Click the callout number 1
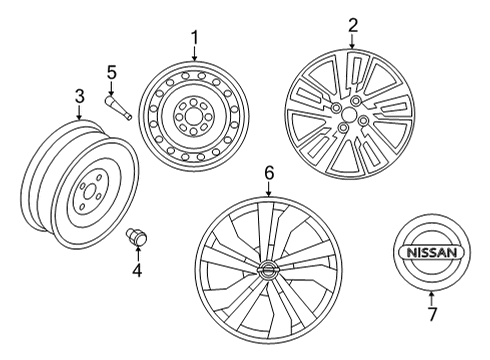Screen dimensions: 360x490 pyautogui.click(x=195, y=39)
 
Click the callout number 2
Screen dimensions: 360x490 pyautogui.click(x=352, y=25)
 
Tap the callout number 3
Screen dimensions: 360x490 pyautogui.click(x=79, y=97)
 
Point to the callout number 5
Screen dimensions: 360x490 pyautogui.click(x=112, y=72)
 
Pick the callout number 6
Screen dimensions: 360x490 pyautogui.click(x=268, y=173)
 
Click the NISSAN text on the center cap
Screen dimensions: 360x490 pyautogui.click(x=431, y=257)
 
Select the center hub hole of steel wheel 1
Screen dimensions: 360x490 pyautogui.click(x=193, y=119)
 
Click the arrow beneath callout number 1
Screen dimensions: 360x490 pyautogui.click(x=195, y=52)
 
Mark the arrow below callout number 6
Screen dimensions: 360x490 pyautogui.click(x=268, y=189)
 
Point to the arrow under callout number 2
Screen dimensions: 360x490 pyautogui.click(x=352, y=41)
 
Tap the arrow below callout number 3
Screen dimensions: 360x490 pyautogui.click(x=79, y=112)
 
